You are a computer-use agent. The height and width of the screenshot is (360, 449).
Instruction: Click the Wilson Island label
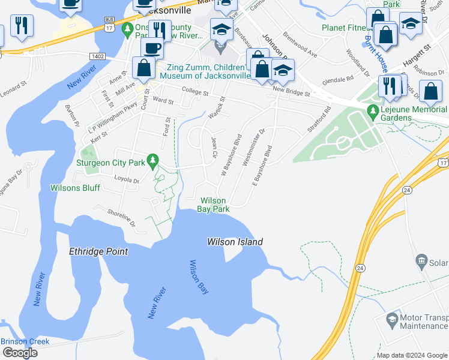coord(235,242)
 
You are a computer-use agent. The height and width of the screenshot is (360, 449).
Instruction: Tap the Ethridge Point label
coord(99,251)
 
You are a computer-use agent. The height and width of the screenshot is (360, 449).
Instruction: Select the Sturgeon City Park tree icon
coord(154,160)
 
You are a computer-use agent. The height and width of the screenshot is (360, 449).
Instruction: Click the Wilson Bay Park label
coord(214,205)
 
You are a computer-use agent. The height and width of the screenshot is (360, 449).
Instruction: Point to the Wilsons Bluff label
coord(92,188)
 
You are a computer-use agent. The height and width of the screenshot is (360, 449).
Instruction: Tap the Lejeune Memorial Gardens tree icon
coord(373,110)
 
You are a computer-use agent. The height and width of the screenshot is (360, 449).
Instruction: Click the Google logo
coord(19,353)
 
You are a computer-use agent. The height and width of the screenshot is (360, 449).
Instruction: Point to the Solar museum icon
coord(421,261)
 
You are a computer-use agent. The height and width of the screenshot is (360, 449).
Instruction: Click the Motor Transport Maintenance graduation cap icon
coord(393,318)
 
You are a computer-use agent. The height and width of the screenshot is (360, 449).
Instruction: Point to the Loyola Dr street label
coord(127,180)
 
